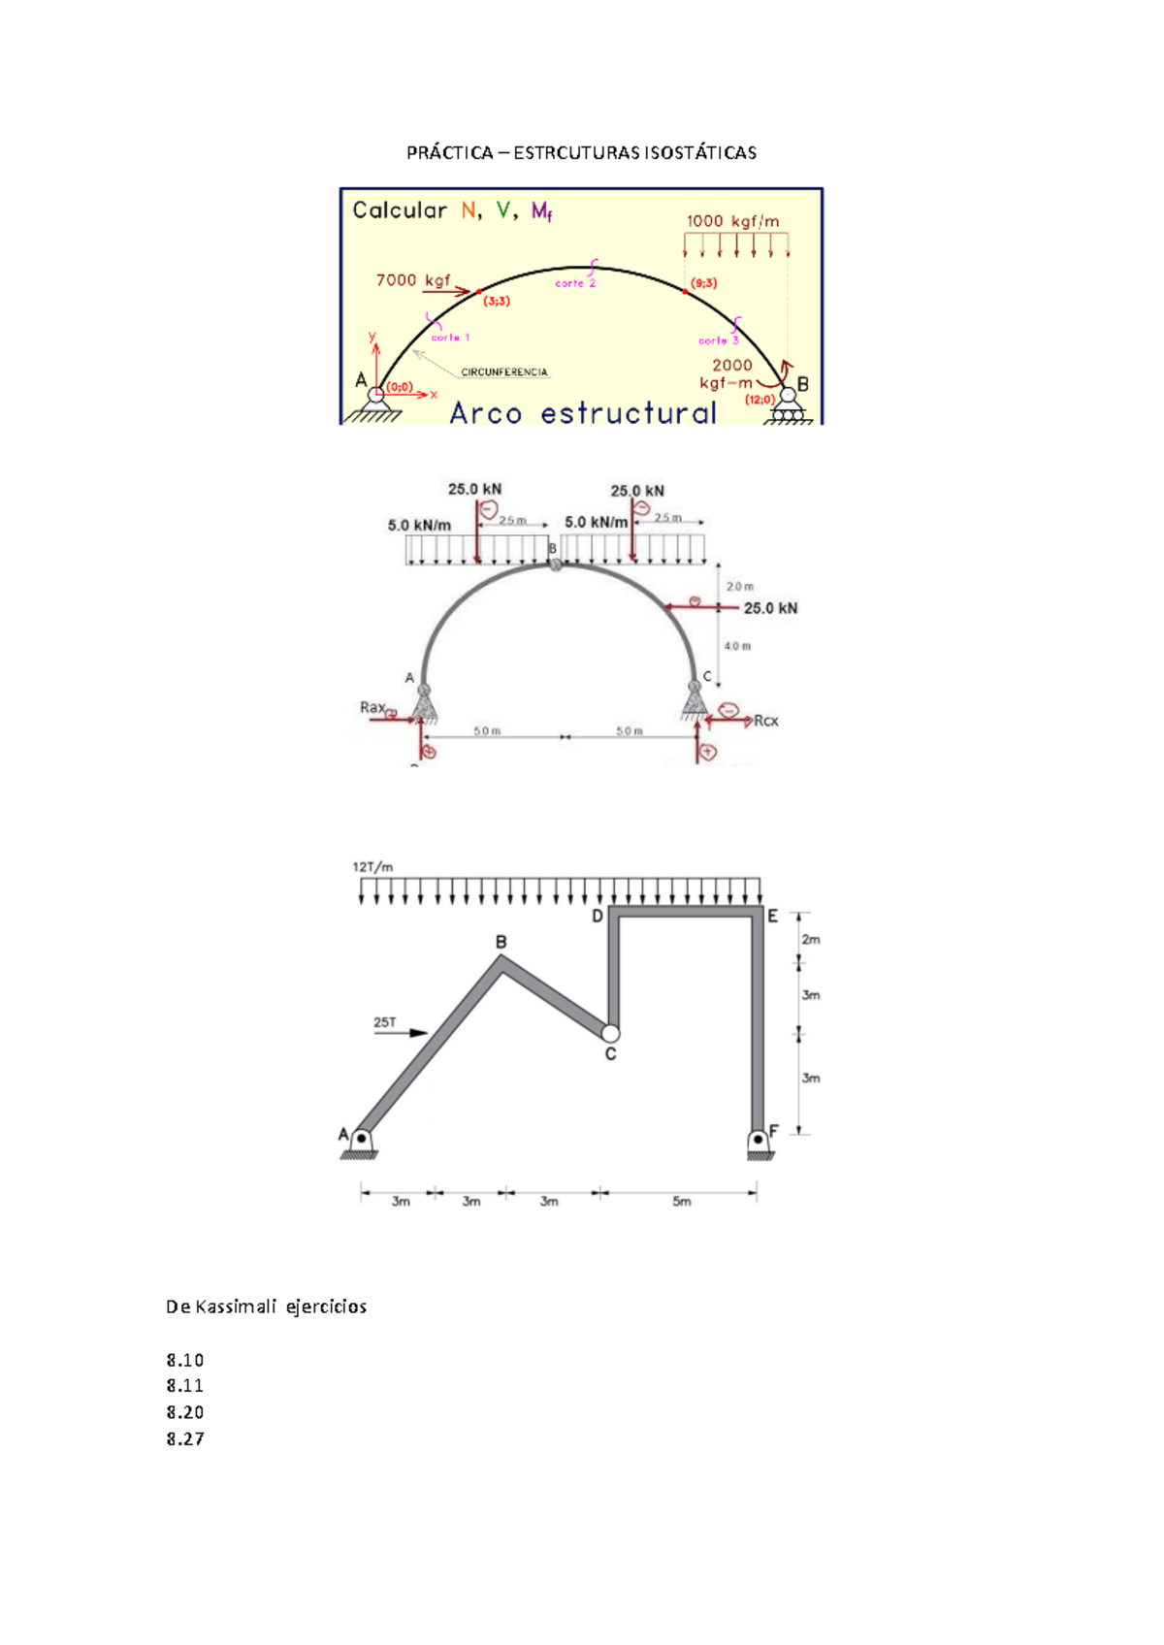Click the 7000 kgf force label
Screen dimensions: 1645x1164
coord(413,280)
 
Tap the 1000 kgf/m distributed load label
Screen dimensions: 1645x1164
coord(732,221)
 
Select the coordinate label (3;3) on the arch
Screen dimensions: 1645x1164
coord(496,301)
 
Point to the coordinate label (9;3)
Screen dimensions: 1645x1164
coord(703,283)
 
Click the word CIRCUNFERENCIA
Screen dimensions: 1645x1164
coord(503,372)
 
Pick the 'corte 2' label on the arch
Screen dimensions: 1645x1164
coord(574,283)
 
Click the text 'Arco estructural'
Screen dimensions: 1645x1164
coord(582,413)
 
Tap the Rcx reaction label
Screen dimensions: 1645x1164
coord(765,721)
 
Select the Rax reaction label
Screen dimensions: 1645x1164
coord(372,707)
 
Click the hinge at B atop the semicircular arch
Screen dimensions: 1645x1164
coord(555,564)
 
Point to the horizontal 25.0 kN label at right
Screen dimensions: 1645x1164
coord(770,608)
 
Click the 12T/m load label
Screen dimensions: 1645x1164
coord(372,867)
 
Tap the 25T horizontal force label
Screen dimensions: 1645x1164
coord(384,1022)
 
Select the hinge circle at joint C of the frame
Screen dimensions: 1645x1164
coord(610,1033)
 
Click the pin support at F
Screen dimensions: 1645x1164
coord(759,1142)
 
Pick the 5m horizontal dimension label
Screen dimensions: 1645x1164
coord(682,1201)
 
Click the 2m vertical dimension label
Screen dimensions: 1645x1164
coord(811,939)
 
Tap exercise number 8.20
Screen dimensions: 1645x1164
coord(184,1412)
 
